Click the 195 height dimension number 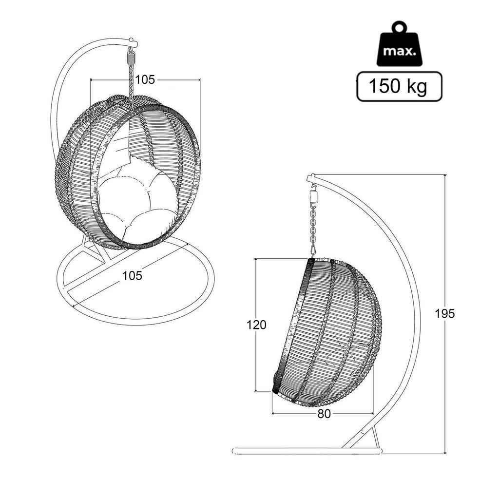click(445, 314)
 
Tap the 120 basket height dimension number click(256, 325)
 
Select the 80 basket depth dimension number click(324, 414)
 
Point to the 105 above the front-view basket click(145, 79)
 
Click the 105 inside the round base click(133, 276)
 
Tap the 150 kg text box click(399, 86)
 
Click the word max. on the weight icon click(400, 51)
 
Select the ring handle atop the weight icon click(400, 27)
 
